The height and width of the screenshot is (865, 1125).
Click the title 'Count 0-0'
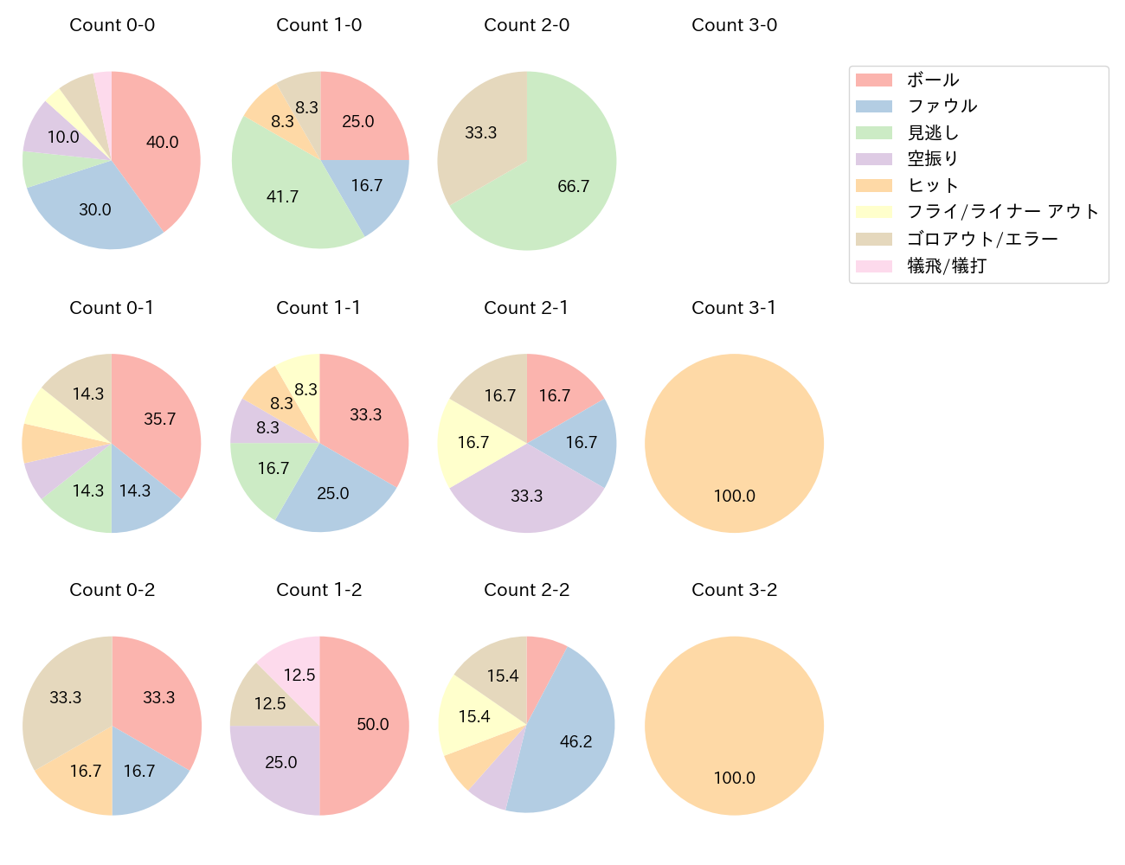pos(112,25)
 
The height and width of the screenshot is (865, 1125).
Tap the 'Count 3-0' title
pos(734,25)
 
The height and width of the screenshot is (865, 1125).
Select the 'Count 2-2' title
pos(526,590)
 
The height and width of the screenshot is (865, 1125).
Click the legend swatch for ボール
pos(873,80)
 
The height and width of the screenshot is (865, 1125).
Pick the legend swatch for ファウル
pos(873,106)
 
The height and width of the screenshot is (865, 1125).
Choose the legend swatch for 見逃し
pos(873,133)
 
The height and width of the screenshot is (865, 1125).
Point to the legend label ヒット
pos(933,186)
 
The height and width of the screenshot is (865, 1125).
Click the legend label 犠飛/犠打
pos(946,266)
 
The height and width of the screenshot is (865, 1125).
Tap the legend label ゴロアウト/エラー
pos(982,240)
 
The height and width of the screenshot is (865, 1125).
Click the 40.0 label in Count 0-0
pos(162,143)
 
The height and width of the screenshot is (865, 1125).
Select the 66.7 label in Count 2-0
pos(574,187)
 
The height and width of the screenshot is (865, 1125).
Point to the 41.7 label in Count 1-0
pos(282,197)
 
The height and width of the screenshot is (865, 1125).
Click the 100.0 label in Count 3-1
pos(734,497)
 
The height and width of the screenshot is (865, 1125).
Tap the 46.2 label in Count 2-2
pos(575,742)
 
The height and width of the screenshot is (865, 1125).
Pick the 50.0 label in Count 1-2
pos(373,725)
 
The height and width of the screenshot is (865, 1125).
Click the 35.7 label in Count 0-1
pos(159,420)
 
